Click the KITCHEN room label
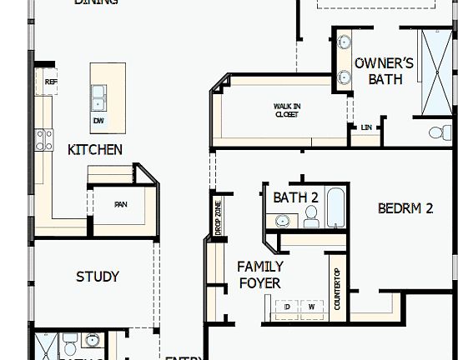point(95,150)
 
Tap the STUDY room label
point(98,277)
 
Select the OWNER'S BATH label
point(385,71)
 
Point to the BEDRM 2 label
point(405,208)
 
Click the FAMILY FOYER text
point(259,274)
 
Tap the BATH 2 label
point(296,197)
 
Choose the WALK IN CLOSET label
point(287,109)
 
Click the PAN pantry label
point(121,204)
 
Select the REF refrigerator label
point(50,82)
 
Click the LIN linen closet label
point(366,127)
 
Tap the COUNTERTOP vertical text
point(337,289)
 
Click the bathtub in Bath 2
point(335,208)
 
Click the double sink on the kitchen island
point(99,98)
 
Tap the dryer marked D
point(287,307)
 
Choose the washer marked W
point(311,307)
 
